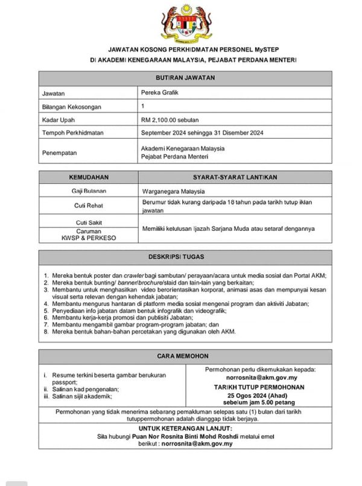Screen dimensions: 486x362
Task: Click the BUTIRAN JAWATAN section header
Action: tap(185, 78)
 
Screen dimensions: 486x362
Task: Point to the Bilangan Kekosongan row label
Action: tap(72, 107)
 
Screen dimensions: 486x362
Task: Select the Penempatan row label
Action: tap(60, 153)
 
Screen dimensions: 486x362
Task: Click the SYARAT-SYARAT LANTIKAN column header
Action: tap(235, 177)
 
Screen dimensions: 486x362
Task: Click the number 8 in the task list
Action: tap(46, 332)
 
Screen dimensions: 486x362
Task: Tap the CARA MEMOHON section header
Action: tap(185, 356)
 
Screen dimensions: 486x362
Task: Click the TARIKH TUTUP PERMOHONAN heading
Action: tap(259, 387)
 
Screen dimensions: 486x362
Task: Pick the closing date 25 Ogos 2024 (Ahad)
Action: tap(259, 395)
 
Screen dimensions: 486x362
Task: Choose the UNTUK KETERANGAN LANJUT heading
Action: tap(185, 428)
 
